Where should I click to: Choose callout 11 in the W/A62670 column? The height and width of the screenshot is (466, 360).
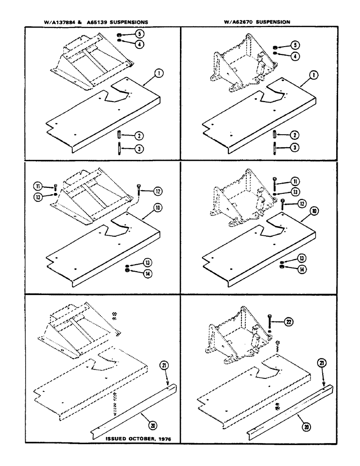(x=296, y=181)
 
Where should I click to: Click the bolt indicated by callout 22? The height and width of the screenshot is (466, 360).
(x=270, y=321)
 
